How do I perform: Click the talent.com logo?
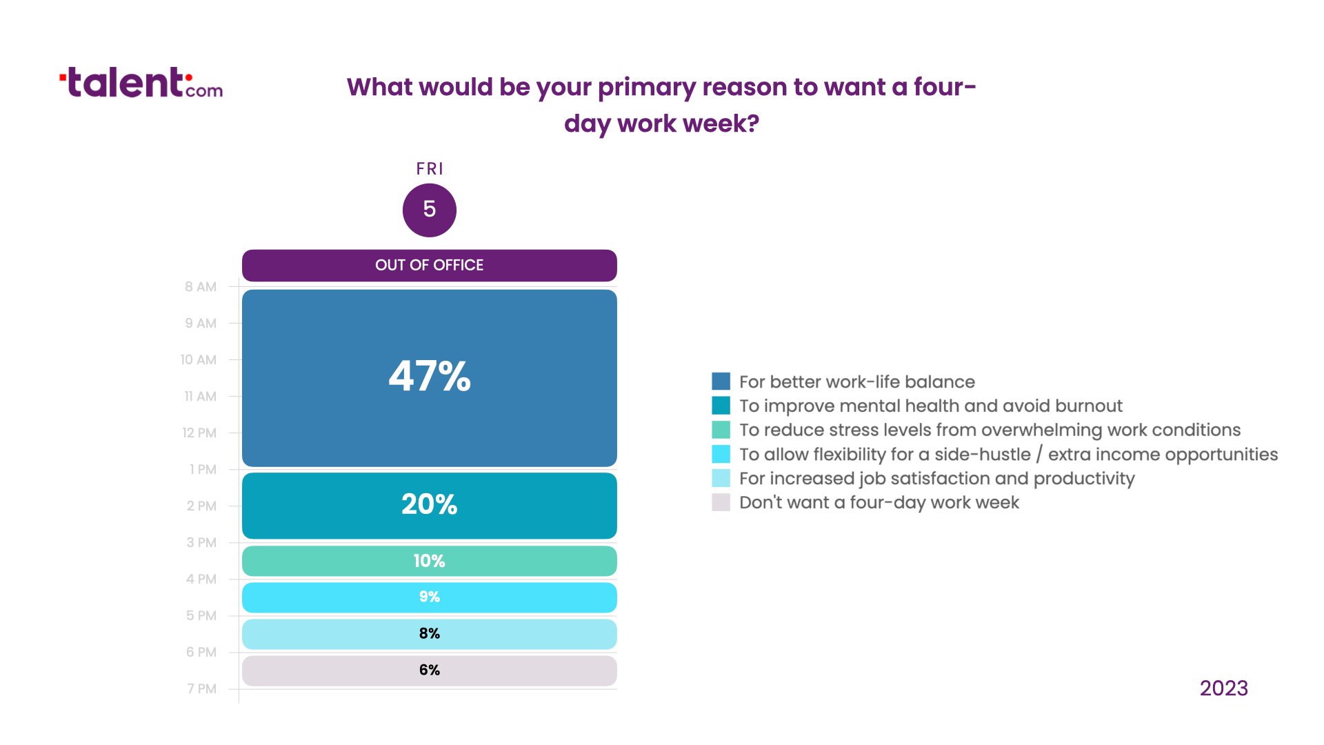pyautogui.click(x=141, y=83)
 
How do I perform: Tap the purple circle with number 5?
pyautogui.click(x=429, y=210)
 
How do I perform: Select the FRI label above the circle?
pyautogui.click(x=430, y=169)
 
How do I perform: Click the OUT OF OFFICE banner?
pyautogui.click(x=429, y=266)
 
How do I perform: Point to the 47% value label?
pyautogui.click(x=430, y=377)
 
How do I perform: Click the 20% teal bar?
pyautogui.click(x=429, y=506)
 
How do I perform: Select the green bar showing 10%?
pyautogui.click(x=429, y=561)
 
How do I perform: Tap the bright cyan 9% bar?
pyautogui.click(x=429, y=597)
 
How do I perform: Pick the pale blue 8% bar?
pyautogui.click(x=429, y=634)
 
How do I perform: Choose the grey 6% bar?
pyautogui.click(x=429, y=670)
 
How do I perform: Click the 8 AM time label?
pyautogui.click(x=201, y=287)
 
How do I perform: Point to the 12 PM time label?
pyautogui.click(x=199, y=433)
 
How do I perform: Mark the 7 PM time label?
pyautogui.click(x=201, y=689)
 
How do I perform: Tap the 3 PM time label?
pyautogui.click(x=201, y=543)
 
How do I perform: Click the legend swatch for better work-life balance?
pyautogui.click(x=721, y=381)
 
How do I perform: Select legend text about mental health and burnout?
pyautogui.click(x=931, y=406)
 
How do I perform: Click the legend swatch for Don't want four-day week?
pyautogui.click(x=721, y=502)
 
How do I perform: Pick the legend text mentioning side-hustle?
pyautogui.click(x=1009, y=455)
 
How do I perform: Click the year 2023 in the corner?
pyautogui.click(x=1224, y=688)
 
